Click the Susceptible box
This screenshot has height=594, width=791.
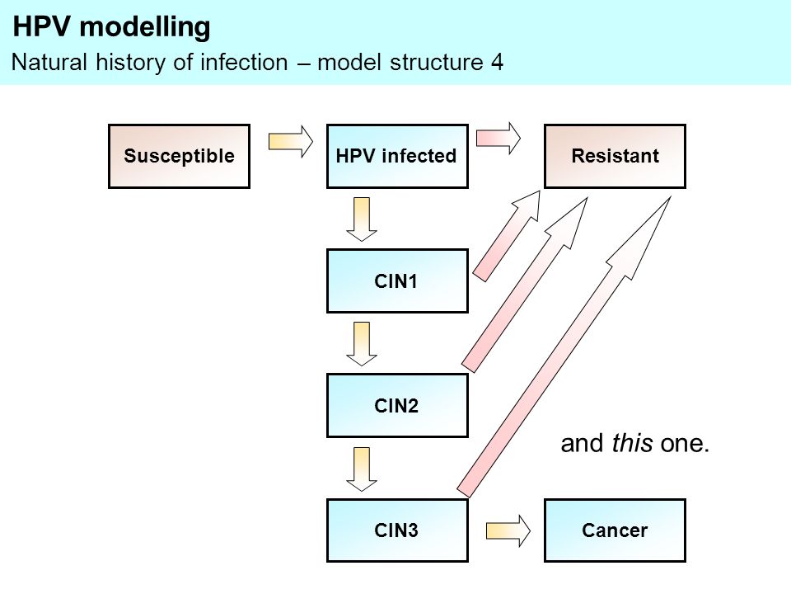point(179,156)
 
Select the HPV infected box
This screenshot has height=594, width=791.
point(397,156)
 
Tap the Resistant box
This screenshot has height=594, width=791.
point(615,156)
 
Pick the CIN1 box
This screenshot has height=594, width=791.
point(397,280)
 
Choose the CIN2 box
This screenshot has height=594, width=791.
point(397,405)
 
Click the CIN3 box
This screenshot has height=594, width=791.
point(397,530)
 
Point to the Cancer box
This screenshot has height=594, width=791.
point(615,530)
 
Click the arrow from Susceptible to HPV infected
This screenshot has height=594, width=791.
point(291,141)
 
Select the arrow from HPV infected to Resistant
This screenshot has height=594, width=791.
point(498,138)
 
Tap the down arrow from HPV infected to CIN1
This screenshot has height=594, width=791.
point(362,219)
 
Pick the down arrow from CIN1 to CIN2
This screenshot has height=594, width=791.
point(362,344)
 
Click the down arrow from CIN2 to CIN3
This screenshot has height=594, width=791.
point(362,469)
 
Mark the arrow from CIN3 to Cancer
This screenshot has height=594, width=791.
point(508,530)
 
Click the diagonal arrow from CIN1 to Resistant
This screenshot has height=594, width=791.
point(507,236)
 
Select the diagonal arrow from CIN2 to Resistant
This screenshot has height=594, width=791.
point(525,285)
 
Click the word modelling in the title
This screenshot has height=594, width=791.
point(145,27)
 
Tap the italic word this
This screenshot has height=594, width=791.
point(633,443)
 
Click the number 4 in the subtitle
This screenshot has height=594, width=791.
point(497,62)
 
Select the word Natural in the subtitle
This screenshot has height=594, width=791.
point(49,62)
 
